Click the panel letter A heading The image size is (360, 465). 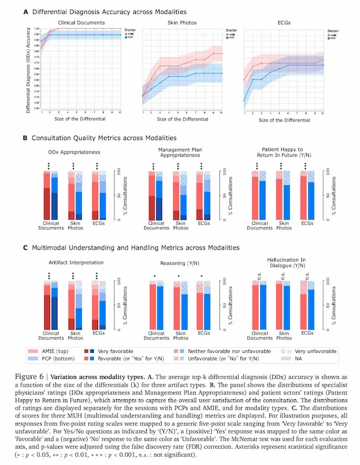[x=26, y=12]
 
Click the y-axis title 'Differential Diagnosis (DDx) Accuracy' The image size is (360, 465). [x=29, y=69]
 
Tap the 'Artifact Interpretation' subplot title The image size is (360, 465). [x=73, y=262]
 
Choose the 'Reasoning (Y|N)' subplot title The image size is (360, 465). [x=179, y=262]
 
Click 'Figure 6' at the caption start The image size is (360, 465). [x=38, y=376]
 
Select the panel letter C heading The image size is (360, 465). [x=26, y=248]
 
